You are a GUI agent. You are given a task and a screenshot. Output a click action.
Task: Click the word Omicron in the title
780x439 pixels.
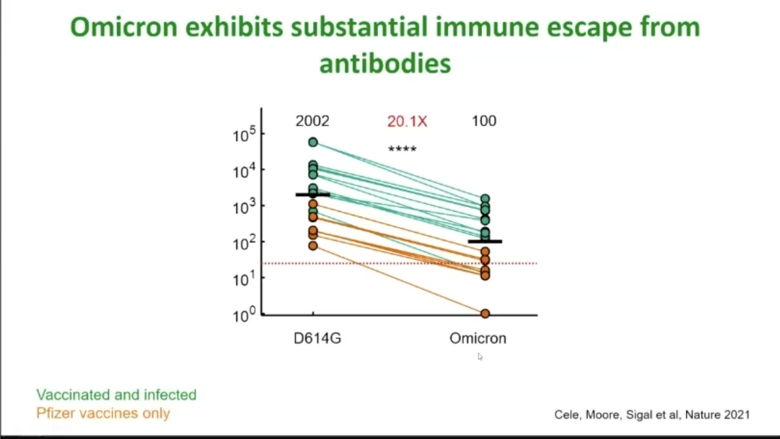coord(124,27)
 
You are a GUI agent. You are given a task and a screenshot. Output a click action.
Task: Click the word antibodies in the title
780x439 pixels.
coord(385,64)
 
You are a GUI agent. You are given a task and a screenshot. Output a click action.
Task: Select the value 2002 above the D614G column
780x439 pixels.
coord(312,121)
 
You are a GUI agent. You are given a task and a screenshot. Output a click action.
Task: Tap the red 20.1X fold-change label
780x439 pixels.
coord(407,121)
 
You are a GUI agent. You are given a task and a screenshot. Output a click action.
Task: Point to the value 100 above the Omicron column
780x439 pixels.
coord(484,121)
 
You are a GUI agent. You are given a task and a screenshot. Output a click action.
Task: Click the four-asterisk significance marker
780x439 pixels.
coord(402,149)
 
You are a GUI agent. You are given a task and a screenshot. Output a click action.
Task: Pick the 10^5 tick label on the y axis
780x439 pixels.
coord(244,134)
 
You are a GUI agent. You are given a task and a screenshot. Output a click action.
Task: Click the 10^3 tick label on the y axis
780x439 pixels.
coord(244,206)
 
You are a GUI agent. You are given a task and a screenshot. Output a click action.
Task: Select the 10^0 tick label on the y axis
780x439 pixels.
coord(244,314)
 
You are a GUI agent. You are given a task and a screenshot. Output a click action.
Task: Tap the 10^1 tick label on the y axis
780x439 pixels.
coord(244,278)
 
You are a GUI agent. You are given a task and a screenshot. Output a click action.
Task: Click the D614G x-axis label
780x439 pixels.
coord(317,338)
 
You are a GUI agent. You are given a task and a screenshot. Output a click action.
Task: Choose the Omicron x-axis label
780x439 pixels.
coord(478,338)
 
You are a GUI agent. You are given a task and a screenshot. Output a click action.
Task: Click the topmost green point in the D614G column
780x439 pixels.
coord(313,142)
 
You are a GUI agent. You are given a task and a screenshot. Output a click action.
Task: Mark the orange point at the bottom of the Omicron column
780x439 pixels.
coord(485,313)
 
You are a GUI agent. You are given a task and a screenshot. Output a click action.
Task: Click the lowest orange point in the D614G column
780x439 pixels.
coord(313,246)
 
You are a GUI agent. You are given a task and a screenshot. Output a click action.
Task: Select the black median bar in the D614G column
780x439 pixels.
coord(313,195)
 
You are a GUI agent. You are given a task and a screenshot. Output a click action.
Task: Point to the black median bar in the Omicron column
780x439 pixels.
coord(485,241)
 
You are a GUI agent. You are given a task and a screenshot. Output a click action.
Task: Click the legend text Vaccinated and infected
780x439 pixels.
coord(116,395)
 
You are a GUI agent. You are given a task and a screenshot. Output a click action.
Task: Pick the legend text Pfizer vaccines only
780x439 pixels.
coord(103,413)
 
